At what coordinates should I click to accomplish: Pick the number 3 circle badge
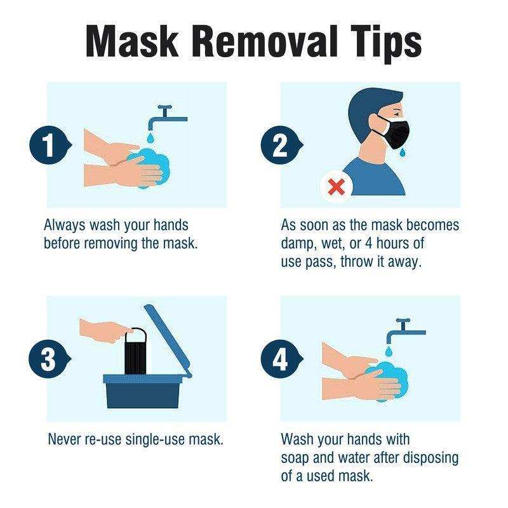[46, 360]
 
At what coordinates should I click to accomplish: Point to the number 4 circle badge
[279, 360]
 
